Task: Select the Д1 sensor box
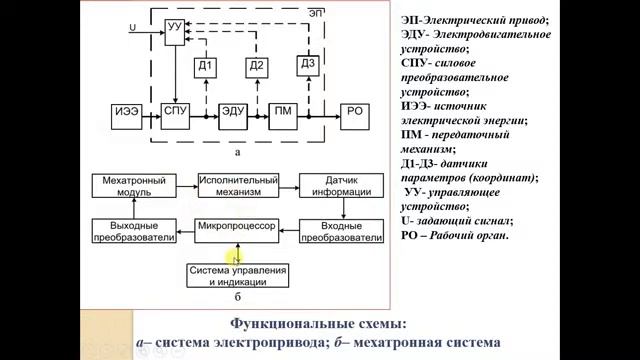pos(204,67)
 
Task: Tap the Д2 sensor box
pos(257,67)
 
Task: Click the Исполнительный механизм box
pos(235,187)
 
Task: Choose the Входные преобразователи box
pos(342,232)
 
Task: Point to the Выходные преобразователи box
pos(134,232)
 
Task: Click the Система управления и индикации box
pos(239,275)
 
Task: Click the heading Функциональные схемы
pos(319,325)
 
